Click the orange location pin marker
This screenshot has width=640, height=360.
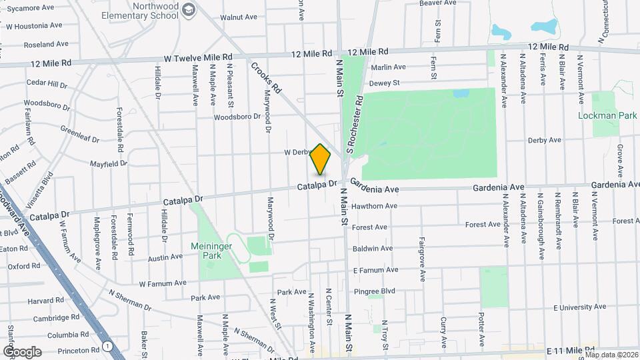[x=321, y=159]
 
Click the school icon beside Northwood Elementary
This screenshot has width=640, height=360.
[x=189, y=9]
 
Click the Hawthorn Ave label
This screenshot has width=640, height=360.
[x=375, y=206]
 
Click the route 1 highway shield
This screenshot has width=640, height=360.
[x=107, y=345]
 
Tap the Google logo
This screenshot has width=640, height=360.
[x=22, y=351]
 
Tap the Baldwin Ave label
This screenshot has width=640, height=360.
[x=373, y=248]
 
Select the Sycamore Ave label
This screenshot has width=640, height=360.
[x=29, y=9]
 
